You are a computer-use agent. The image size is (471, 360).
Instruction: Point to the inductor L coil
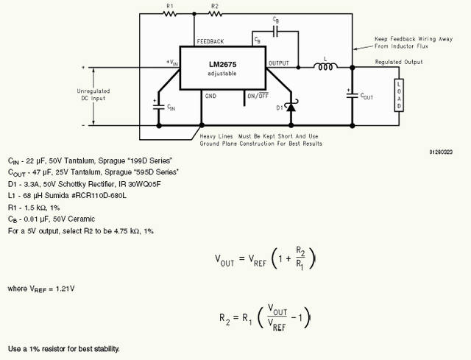(325, 67)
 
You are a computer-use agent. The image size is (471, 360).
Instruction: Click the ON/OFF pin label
(257, 96)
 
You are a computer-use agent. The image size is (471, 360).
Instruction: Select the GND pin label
(211, 96)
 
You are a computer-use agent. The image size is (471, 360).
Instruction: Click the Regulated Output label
(398, 62)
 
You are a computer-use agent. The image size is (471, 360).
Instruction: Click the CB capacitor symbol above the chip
(275, 33)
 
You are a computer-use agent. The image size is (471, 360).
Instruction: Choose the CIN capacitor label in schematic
(171, 108)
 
